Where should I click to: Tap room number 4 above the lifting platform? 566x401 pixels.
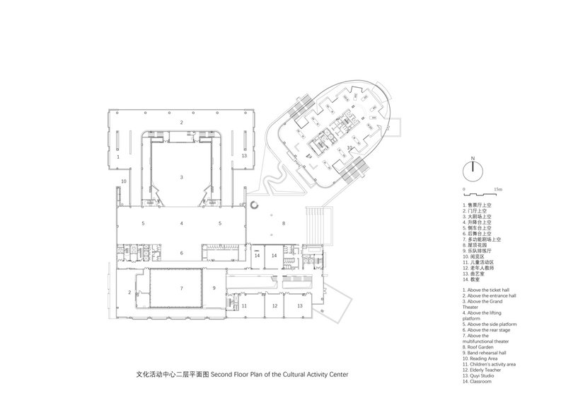point(182,223)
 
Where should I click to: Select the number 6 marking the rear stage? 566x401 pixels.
point(182,253)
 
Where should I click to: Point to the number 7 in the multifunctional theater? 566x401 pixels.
point(182,288)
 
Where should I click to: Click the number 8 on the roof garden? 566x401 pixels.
point(284,223)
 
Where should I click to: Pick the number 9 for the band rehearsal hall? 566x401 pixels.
point(213,288)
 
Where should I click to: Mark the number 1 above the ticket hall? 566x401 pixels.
point(118,154)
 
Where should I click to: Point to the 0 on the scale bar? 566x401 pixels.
point(463,190)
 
